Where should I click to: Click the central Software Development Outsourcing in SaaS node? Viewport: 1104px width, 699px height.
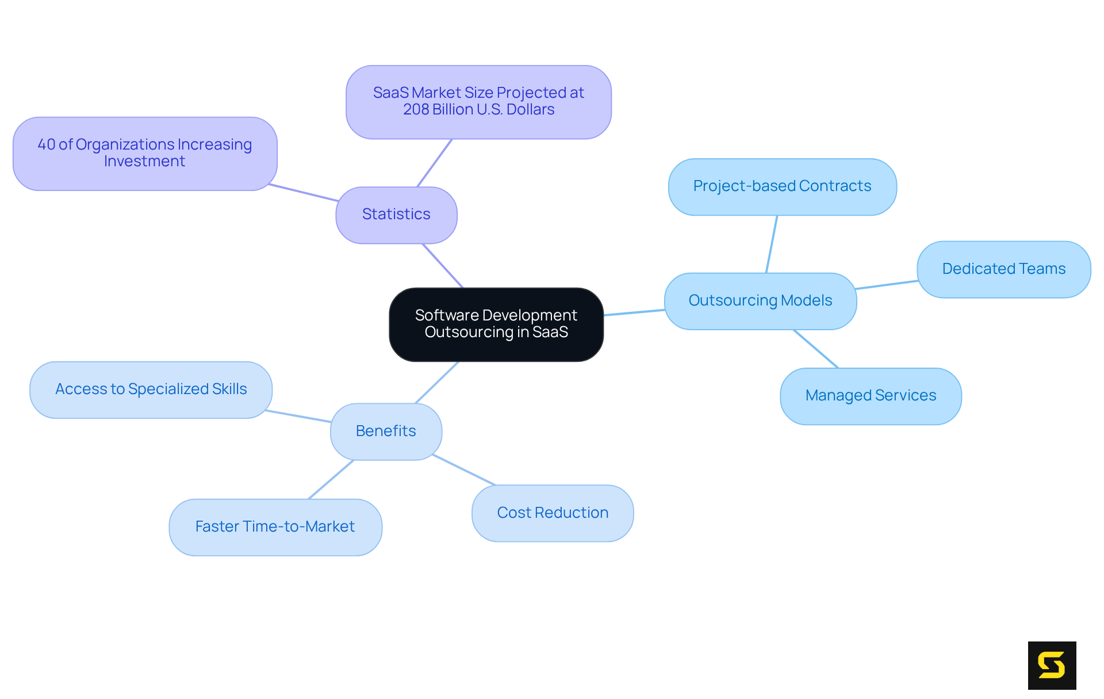point(496,324)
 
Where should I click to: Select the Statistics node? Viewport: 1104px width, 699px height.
point(396,215)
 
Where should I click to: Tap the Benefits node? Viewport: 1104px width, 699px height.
point(386,431)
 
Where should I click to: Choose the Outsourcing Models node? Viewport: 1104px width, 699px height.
point(760,301)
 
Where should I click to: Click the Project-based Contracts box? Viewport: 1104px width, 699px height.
point(782,186)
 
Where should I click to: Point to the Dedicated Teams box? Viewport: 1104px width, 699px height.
point(1003,269)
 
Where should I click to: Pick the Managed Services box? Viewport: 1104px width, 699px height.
point(871,396)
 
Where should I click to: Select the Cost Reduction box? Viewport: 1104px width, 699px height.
point(553,513)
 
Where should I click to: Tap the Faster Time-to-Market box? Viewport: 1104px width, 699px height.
point(275,527)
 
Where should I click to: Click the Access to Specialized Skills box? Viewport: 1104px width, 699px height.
point(151,389)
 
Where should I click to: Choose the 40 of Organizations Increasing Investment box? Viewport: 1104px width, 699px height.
point(145,154)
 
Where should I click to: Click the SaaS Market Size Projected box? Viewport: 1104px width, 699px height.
point(478,102)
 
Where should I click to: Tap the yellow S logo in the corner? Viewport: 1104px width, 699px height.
point(1052,665)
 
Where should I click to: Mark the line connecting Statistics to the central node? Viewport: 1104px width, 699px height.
point(443,266)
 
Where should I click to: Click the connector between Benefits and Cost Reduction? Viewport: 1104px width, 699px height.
point(464,470)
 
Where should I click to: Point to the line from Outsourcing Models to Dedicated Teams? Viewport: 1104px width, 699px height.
point(886,285)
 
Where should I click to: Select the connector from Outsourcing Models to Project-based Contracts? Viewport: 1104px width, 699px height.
point(772,244)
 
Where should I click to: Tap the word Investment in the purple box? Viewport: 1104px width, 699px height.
point(144,162)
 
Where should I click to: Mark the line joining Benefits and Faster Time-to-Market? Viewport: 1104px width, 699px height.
point(331,480)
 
